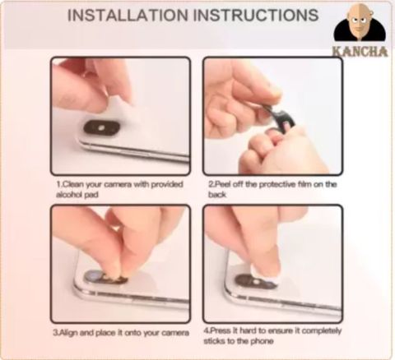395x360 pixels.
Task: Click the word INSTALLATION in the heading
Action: pyautogui.click(x=128, y=15)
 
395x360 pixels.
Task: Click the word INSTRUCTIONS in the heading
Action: pyautogui.click(x=256, y=15)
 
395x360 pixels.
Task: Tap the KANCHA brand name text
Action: pyautogui.click(x=360, y=52)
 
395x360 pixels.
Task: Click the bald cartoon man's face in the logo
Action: pyautogui.click(x=359, y=22)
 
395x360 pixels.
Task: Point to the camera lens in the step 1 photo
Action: pyautogui.click(x=101, y=128)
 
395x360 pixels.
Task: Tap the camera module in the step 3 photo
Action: pyautogui.click(x=105, y=277)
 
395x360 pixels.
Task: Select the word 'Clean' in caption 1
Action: pyautogui.click(x=73, y=184)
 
